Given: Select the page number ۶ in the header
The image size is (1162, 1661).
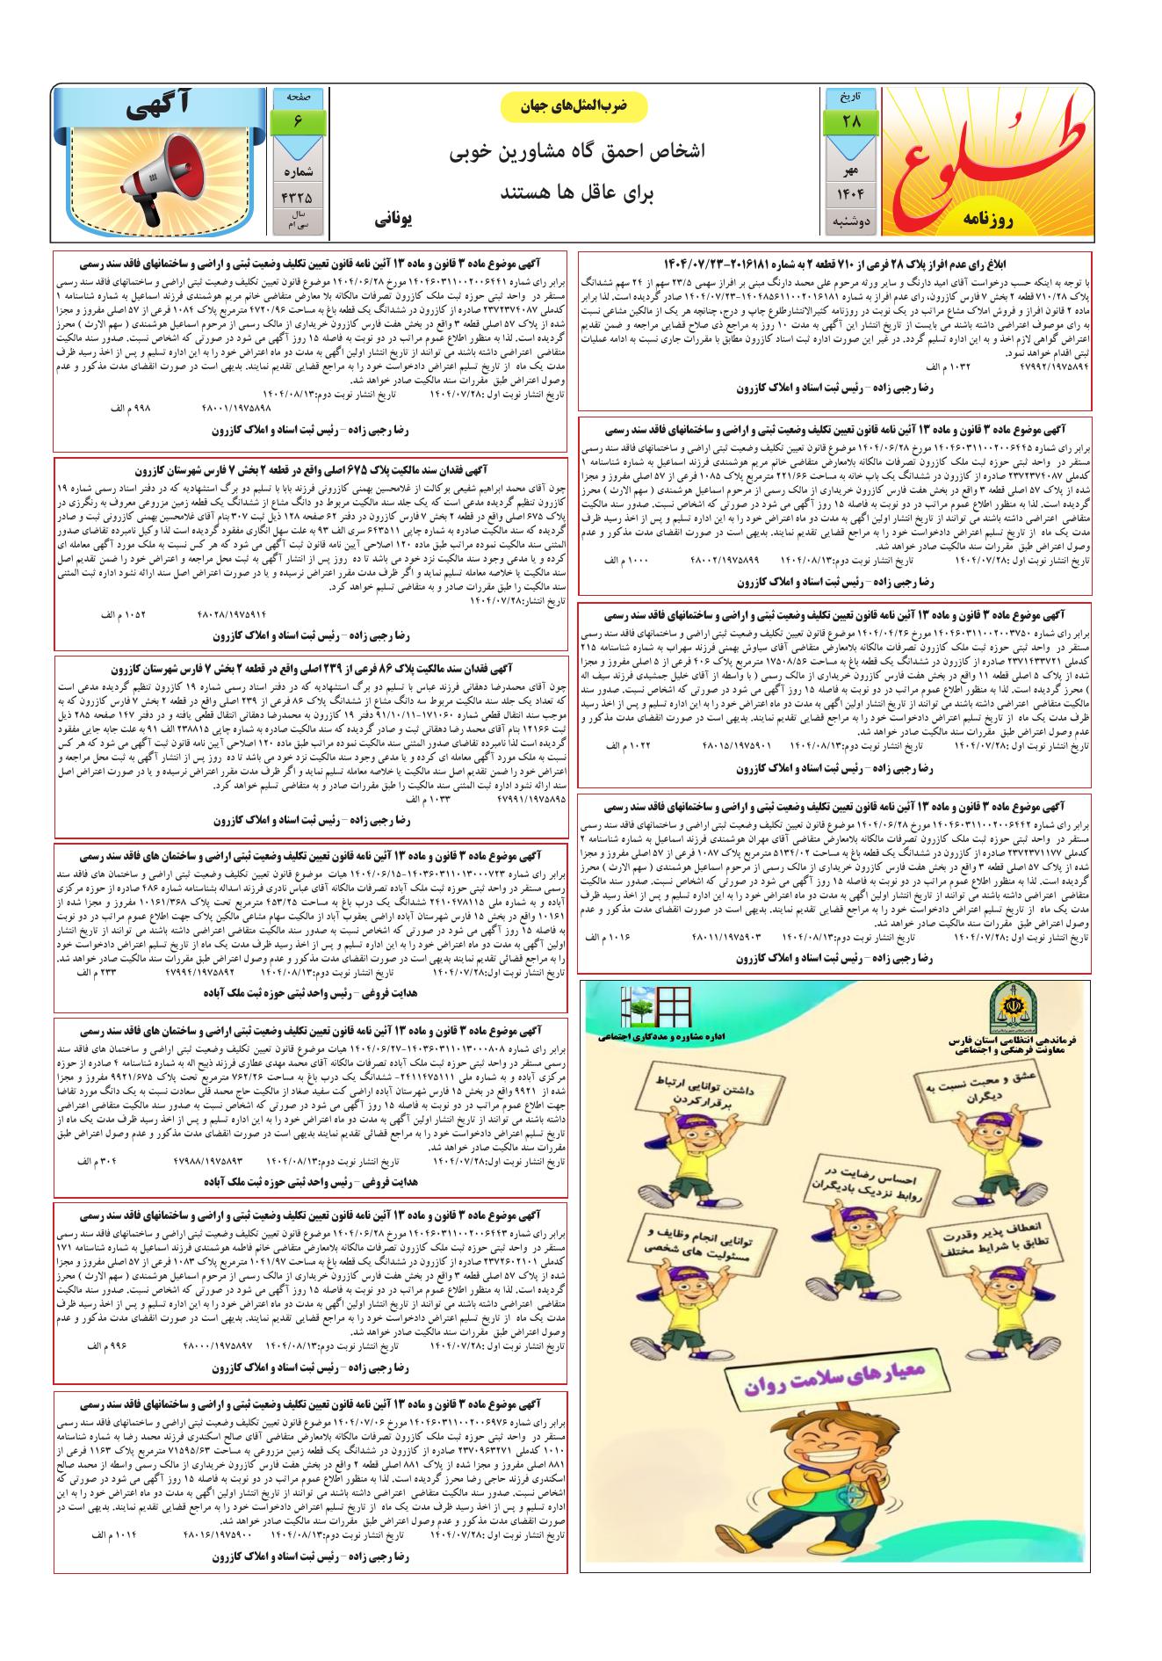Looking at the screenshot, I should tap(297, 120).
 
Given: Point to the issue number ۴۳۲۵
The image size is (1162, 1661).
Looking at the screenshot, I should tap(297, 196).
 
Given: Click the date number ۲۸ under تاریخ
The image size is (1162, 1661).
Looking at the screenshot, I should tap(851, 120).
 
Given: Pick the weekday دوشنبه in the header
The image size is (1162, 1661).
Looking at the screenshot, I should tap(851, 221).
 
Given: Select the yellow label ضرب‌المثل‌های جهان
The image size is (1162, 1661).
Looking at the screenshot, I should tap(574, 106).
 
